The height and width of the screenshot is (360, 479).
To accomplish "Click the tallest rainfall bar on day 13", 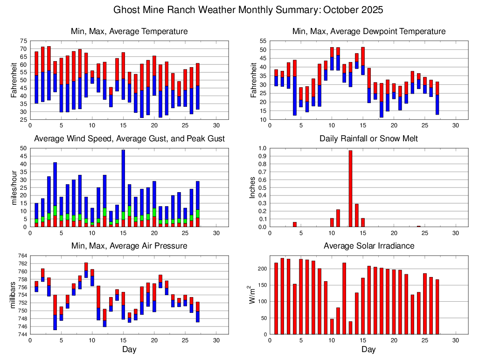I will pos(350,188).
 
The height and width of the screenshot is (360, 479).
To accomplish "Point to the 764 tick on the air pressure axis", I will pos(22,256).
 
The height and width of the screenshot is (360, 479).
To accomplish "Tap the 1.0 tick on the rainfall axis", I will pos(262,148).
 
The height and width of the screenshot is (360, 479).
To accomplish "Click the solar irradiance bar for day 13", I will pos(350,327).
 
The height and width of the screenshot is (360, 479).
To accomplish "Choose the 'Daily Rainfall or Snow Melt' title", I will pos(368,138).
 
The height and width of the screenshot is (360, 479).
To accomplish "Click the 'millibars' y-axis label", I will pos(13,295).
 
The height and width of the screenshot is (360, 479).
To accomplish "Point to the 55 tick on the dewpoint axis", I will pos(263,41).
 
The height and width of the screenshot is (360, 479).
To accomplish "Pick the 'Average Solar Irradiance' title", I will pos(368,246).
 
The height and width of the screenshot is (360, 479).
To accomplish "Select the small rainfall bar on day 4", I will pos(294,224).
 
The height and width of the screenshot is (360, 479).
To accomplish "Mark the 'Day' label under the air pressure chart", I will pos(129,349).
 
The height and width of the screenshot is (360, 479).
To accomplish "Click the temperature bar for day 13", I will pos(111,97).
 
